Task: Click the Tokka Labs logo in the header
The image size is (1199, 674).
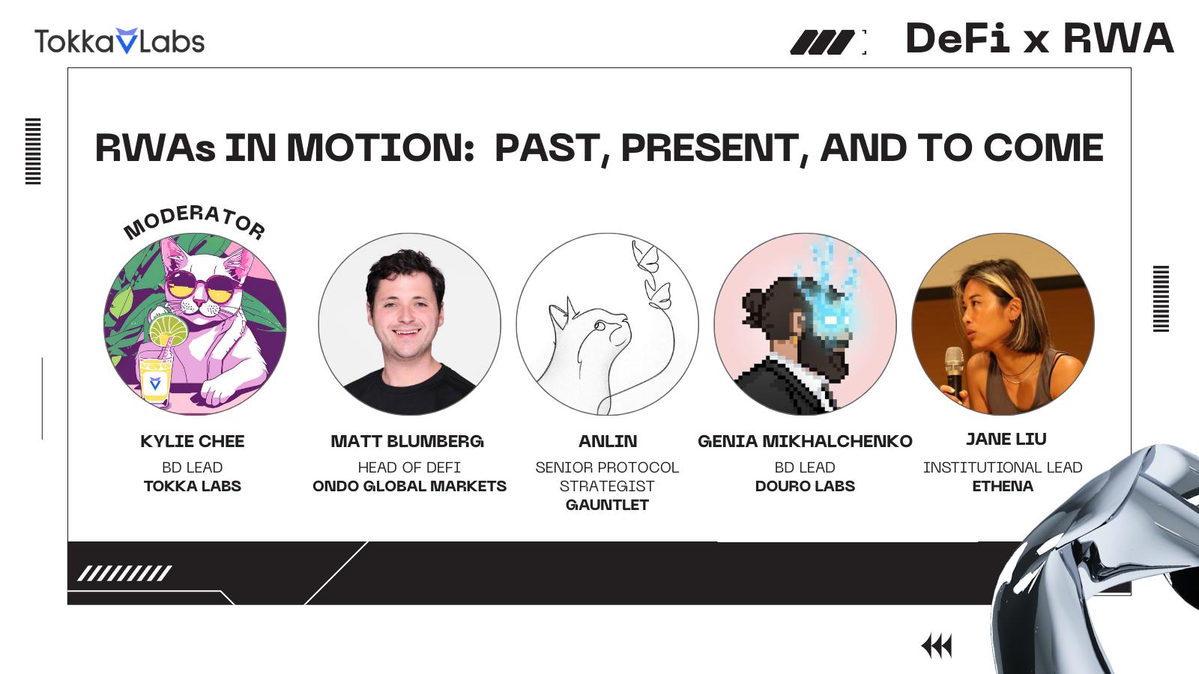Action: point(119,41)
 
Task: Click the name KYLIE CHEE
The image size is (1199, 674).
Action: point(192,441)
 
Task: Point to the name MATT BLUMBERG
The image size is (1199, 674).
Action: point(408,441)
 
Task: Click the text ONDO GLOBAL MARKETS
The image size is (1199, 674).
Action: point(409,486)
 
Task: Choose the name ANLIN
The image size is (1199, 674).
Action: point(608,441)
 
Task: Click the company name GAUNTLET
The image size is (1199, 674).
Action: point(607,505)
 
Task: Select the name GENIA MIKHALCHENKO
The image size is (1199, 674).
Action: point(805,441)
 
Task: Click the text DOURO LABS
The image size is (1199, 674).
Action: point(805,486)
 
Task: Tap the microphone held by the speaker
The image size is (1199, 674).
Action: point(955,371)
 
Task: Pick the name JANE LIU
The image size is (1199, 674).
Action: point(1006,439)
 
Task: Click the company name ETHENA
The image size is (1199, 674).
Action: point(1003,486)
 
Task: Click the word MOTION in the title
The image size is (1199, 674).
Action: point(380,148)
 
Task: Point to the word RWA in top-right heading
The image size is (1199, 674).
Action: point(1118,38)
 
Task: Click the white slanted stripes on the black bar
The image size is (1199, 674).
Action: point(124,574)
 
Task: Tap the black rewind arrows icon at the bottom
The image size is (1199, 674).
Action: point(937,646)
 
